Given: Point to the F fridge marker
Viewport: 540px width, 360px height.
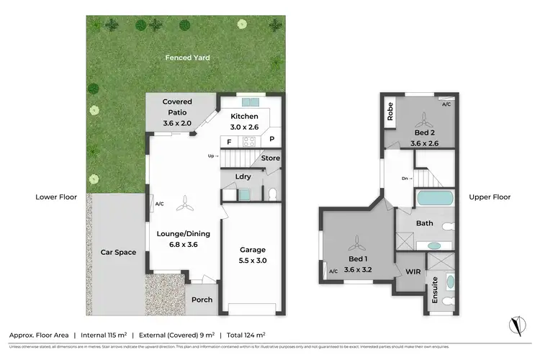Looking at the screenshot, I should (229, 142).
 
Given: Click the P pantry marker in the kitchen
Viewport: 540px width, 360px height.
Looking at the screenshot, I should (272, 140).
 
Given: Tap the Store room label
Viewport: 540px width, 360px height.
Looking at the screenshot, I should (270, 158).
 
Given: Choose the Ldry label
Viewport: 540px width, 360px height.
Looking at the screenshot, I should (243, 176).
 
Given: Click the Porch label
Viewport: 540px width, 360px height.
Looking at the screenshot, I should (202, 300).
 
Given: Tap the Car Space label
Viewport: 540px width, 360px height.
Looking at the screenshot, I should (119, 252).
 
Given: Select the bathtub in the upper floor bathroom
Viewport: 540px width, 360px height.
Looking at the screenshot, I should (435, 198).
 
